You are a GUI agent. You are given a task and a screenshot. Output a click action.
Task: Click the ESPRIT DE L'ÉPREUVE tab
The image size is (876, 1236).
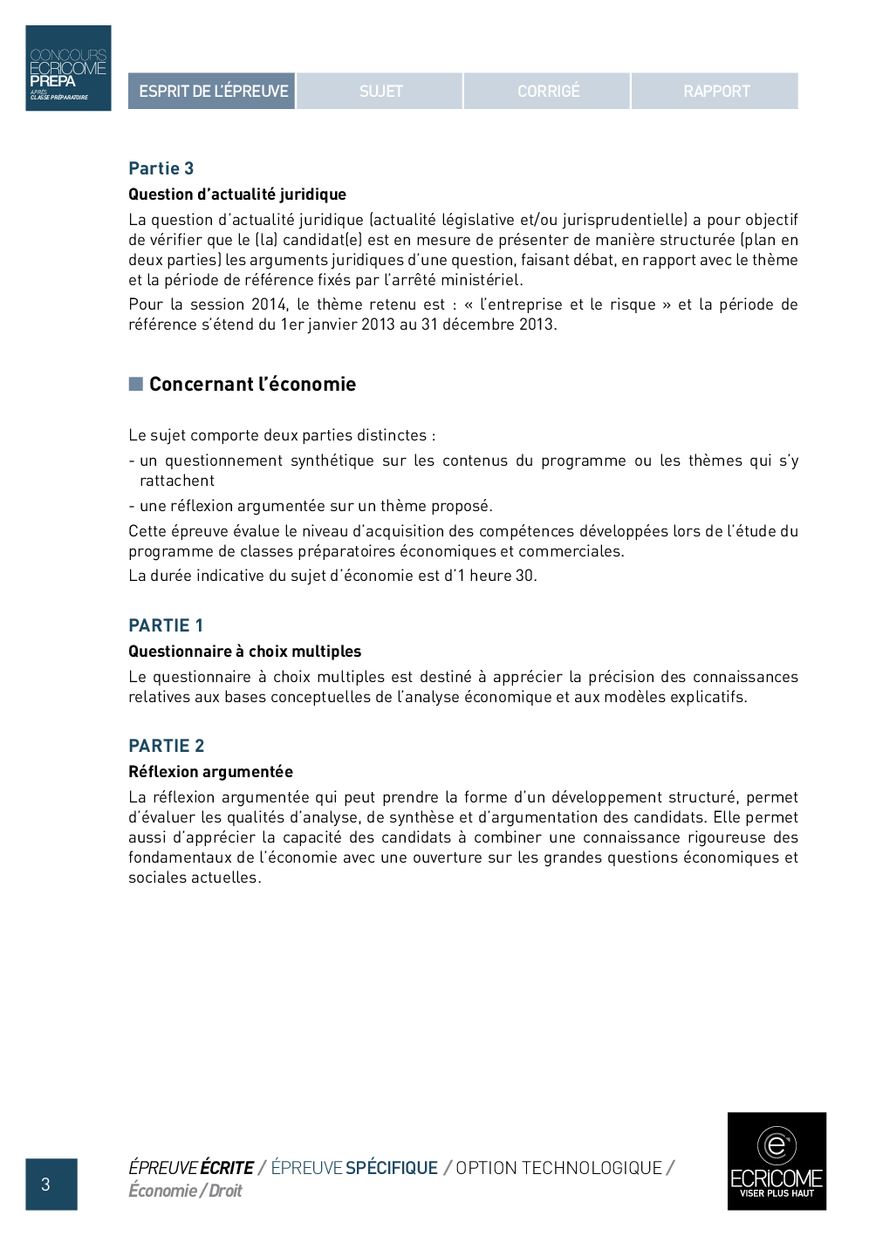pos(212,91)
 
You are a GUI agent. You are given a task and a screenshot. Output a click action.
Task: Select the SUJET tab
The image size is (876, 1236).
pos(380,91)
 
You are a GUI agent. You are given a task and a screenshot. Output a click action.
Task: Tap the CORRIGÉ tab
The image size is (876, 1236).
pos(548,91)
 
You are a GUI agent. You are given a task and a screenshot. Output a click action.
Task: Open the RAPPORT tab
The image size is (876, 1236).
pos(715,91)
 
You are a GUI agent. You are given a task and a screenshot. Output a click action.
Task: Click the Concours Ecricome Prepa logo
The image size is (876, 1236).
pos(68,68)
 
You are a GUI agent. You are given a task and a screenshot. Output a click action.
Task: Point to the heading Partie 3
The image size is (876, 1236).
pos(161,168)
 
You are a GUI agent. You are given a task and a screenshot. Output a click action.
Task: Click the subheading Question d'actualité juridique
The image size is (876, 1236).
pos(237,195)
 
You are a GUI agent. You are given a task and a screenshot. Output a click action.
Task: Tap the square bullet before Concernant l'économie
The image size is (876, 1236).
pos(136,384)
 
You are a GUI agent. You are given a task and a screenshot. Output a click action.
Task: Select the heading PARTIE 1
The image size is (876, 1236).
pos(166,625)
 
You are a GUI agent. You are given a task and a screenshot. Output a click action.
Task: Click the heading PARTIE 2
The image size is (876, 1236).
pos(166,746)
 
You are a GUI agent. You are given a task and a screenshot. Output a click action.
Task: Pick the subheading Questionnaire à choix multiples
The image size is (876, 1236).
pos(244,652)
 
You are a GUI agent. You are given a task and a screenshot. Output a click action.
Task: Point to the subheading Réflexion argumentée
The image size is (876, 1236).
pos(210,772)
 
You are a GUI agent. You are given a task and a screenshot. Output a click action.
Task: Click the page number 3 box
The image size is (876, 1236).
pos(51,1184)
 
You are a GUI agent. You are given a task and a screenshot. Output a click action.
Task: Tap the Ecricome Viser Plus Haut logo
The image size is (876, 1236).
pos(777,1161)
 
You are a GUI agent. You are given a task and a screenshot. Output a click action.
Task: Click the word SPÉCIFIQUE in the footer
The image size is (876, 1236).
pos(392,1168)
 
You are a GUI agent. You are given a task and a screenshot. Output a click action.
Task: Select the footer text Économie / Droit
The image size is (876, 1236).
pos(185,1191)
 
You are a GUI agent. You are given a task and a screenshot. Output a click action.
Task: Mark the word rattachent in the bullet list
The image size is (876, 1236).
pos(177,481)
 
